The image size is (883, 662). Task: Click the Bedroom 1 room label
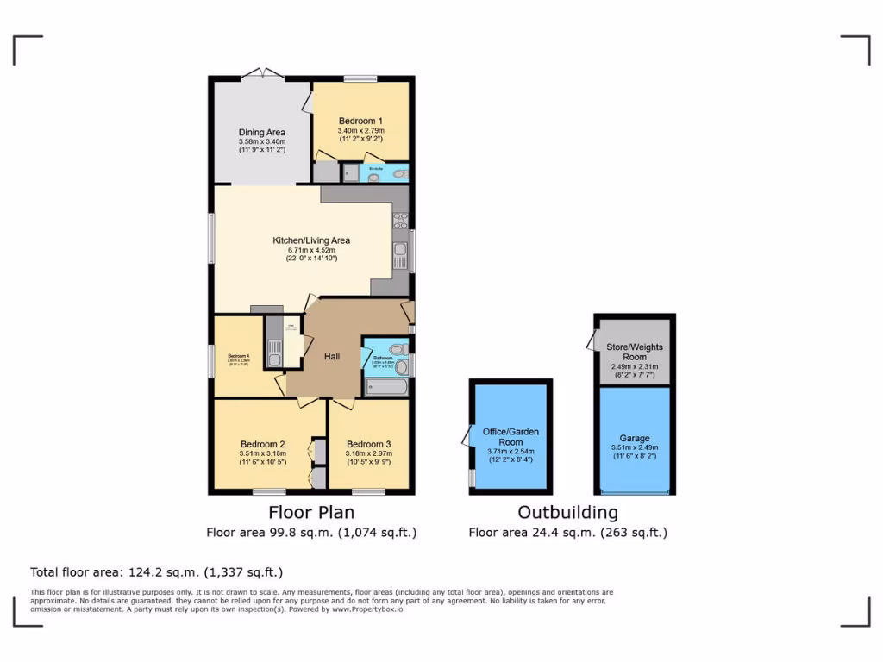click(x=360, y=121)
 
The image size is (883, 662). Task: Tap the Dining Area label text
click(x=262, y=132)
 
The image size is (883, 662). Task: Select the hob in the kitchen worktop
click(x=400, y=221)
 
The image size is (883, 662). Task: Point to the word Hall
click(x=332, y=356)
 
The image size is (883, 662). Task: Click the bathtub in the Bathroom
click(x=386, y=387)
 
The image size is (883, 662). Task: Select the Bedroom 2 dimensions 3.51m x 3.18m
click(x=262, y=454)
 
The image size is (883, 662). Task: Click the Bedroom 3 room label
click(x=369, y=444)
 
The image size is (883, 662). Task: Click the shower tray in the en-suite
click(x=349, y=173)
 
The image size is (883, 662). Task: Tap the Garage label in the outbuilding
click(x=635, y=438)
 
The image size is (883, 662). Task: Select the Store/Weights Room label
click(x=635, y=352)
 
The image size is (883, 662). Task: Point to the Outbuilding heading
click(x=567, y=512)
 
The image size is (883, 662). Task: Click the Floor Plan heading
click(x=311, y=512)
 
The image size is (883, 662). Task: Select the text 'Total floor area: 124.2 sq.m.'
click(x=115, y=571)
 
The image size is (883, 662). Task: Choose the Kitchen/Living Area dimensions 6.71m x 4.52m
click(x=311, y=250)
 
